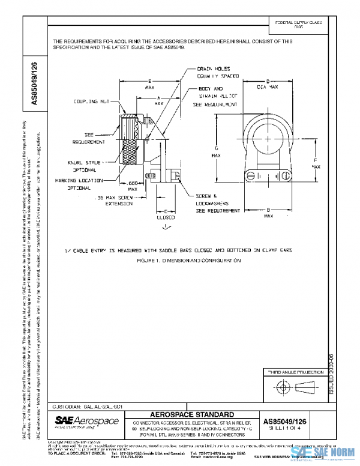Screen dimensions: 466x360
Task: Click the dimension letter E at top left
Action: click(x=149, y=80)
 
